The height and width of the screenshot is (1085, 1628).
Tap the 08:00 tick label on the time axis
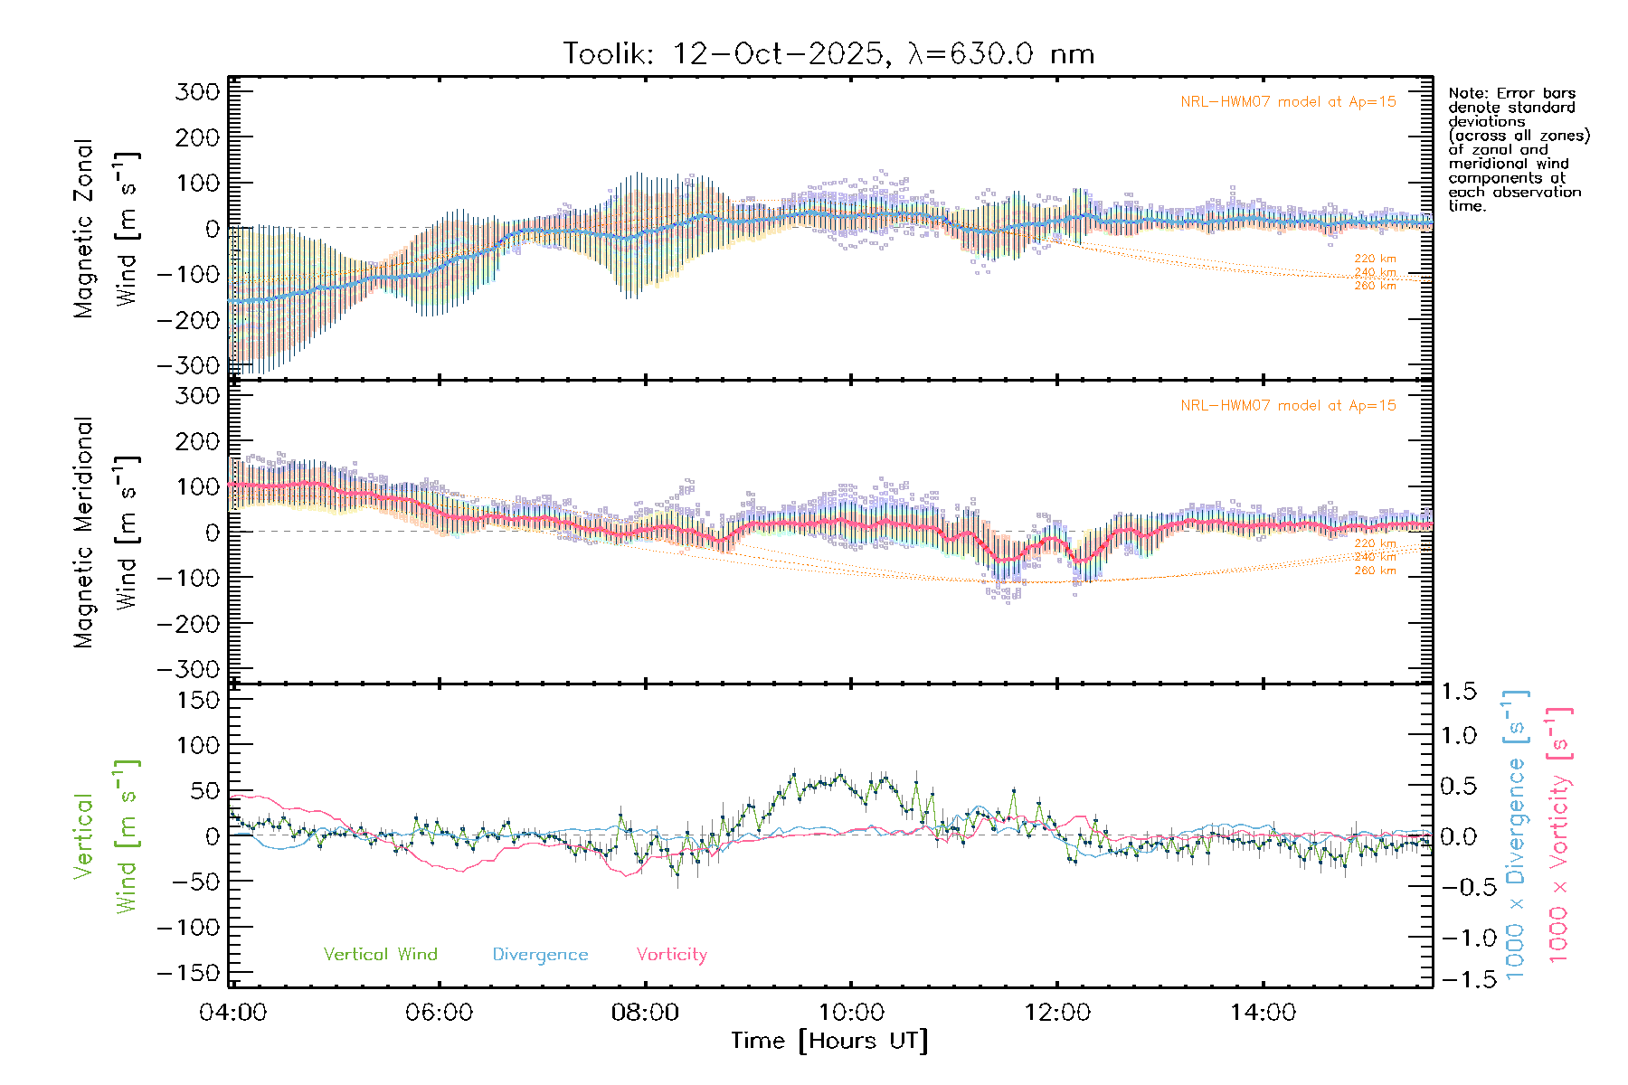click(645, 1013)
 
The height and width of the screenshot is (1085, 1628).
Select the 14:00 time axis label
click(1263, 1013)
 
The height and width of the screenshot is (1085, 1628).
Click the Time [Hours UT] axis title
click(829, 1041)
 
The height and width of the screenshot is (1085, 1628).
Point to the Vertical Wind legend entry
click(380, 955)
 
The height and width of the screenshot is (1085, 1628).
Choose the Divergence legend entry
click(540, 955)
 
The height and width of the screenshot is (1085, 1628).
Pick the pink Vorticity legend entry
click(671, 955)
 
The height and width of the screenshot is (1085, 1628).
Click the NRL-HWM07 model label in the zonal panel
click(1288, 102)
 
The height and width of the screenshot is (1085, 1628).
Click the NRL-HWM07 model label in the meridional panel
click(1288, 406)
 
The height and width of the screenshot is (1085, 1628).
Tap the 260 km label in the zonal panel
click(1375, 286)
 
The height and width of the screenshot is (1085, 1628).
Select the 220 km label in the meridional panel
click(1375, 543)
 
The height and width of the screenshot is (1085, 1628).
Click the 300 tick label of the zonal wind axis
click(197, 91)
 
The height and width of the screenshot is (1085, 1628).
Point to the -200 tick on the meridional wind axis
click(188, 624)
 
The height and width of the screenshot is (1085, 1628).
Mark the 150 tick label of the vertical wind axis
click(197, 700)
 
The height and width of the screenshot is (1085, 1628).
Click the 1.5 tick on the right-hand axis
click(1459, 692)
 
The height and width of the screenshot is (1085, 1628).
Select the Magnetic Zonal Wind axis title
click(106, 229)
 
